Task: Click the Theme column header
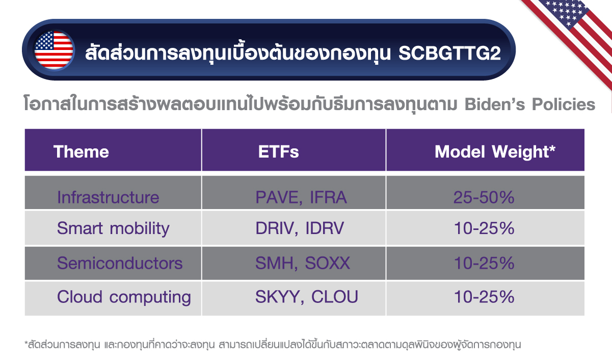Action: click(81, 151)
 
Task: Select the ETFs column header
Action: click(278, 151)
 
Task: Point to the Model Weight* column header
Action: click(494, 151)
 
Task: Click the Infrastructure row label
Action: click(108, 197)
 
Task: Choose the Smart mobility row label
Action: click(113, 228)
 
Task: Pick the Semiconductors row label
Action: click(119, 263)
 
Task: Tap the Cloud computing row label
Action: click(124, 297)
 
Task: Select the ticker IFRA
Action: click(327, 197)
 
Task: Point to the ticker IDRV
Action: click(325, 228)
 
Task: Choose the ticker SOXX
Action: click(328, 263)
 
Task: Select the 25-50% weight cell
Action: click(484, 197)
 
